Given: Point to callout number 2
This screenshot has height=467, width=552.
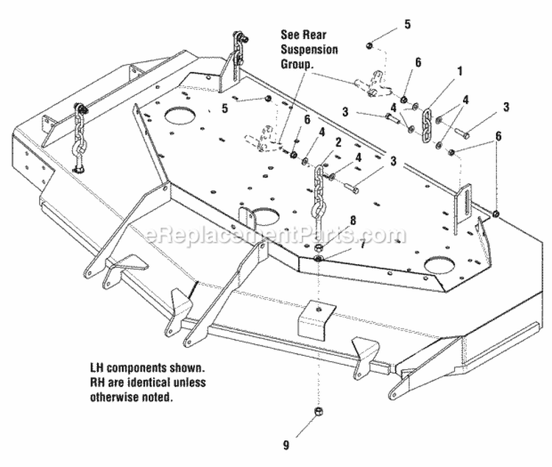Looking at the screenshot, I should pyautogui.click(x=337, y=142).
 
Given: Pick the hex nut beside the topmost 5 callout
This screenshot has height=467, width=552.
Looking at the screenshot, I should pyautogui.click(x=368, y=47).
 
